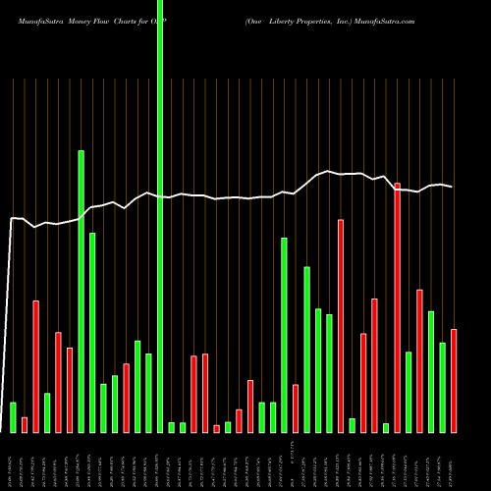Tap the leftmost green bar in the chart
(14, 416)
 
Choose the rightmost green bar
(443, 387)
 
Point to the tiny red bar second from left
(25, 424)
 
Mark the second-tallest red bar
(341, 325)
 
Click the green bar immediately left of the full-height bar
(149, 393)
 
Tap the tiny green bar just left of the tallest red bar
(386, 427)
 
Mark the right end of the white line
(452, 187)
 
